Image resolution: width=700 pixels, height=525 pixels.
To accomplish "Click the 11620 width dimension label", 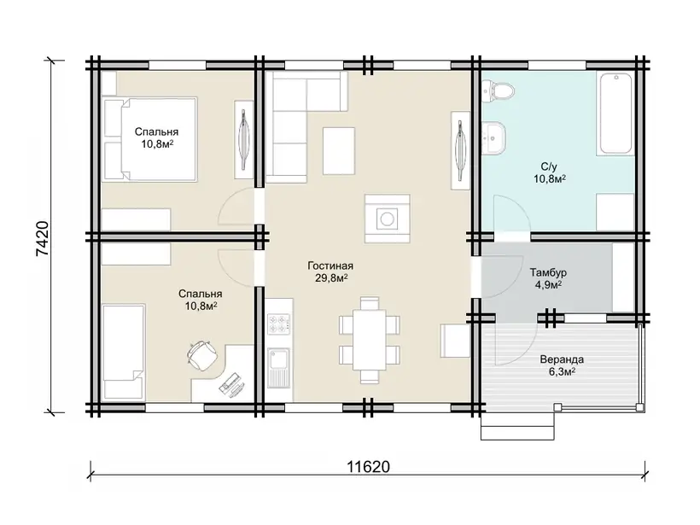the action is [x=368, y=466].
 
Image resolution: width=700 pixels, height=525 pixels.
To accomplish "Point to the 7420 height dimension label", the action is [x=43, y=238].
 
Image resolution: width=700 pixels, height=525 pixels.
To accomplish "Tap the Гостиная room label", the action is [x=330, y=266].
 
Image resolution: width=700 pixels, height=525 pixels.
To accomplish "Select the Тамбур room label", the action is [x=548, y=272].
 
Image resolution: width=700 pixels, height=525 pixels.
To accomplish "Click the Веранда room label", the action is [x=562, y=359].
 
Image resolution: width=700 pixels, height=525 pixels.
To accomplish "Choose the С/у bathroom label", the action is [x=549, y=167].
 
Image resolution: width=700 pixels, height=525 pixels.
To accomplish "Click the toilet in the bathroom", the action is [x=499, y=91].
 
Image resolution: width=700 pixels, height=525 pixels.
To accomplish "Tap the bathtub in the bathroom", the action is [x=616, y=114].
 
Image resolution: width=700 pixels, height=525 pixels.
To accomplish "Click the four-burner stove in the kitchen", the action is [x=279, y=324].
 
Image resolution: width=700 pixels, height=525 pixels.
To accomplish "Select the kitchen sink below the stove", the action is [x=279, y=367].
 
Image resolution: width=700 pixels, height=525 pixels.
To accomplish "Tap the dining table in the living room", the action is [x=369, y=340].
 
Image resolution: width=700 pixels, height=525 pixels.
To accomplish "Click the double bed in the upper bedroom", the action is [x=150, y=140].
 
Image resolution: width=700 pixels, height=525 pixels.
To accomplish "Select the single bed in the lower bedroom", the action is [x=124, y=352].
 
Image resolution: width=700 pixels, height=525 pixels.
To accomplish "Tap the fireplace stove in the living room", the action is [x=387, y=219].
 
